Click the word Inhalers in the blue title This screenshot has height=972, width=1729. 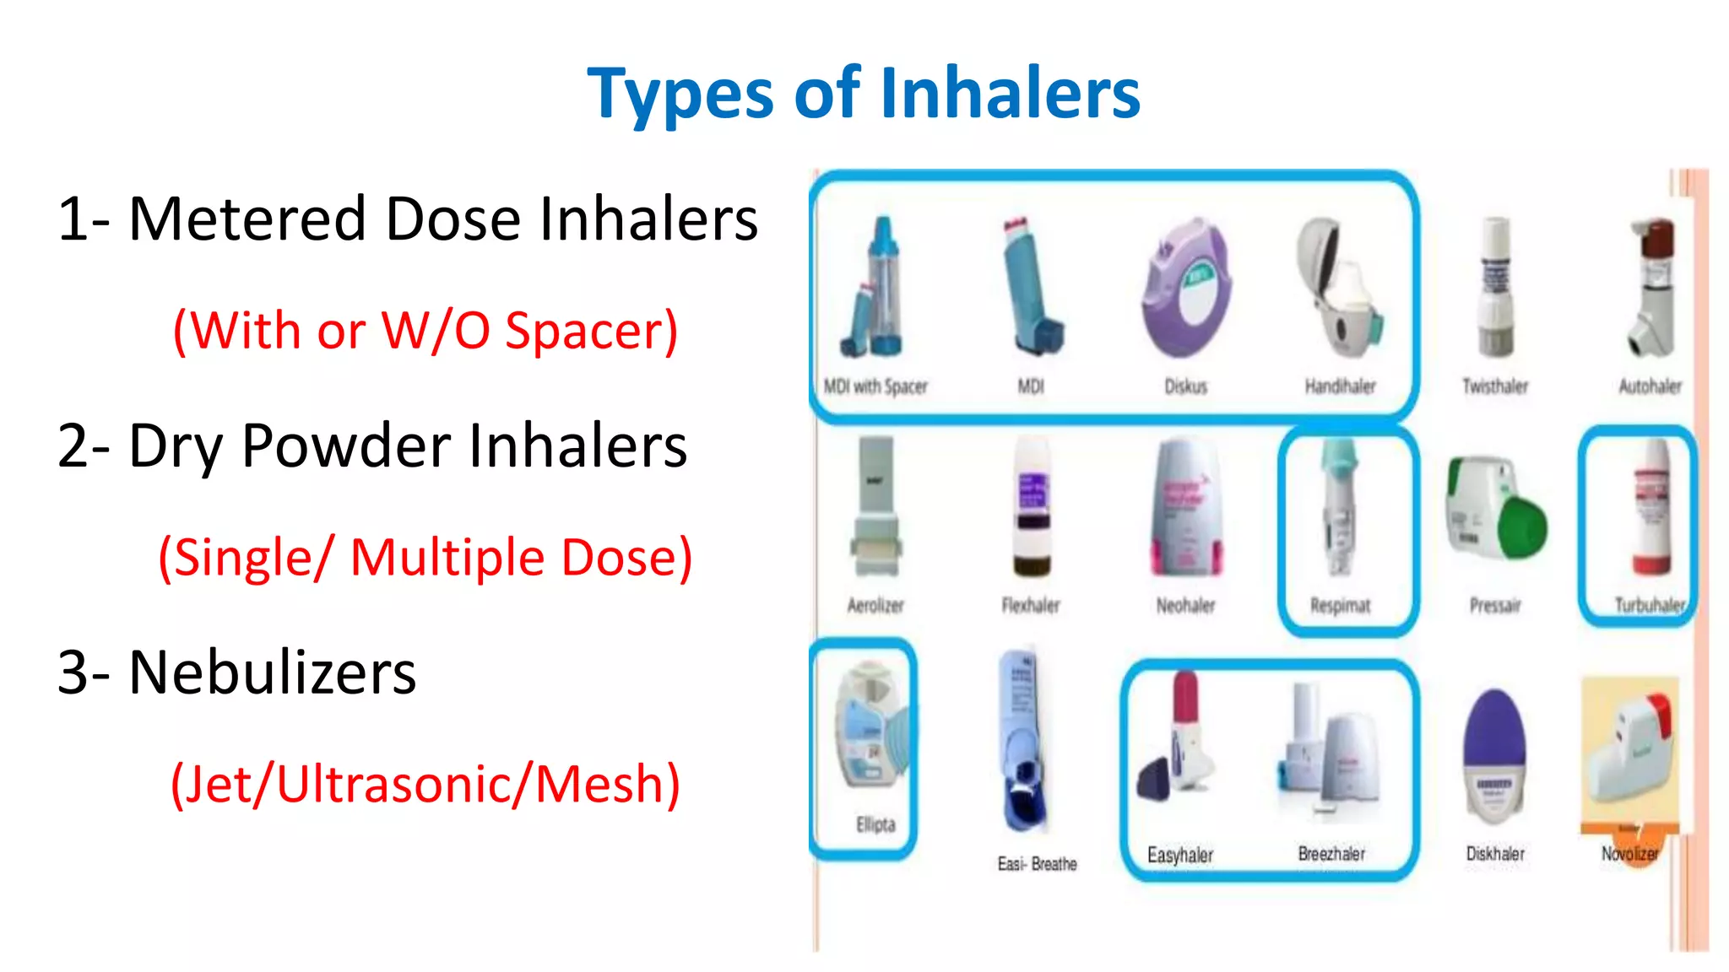point(1010,93)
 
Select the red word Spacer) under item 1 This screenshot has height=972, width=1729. point(591,331)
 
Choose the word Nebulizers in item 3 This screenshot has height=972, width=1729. point(272,673)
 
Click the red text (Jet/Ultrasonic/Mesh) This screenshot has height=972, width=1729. point(425,785)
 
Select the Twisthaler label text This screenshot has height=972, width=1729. point(1495,386)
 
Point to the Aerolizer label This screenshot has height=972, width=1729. point(875,605)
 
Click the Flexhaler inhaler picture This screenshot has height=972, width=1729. point(1032,506)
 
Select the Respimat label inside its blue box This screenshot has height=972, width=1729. point(1340,605)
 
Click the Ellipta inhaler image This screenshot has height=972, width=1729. point(870,726)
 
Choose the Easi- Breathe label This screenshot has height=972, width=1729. point(1037,864)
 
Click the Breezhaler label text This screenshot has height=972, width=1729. point(1331,854)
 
